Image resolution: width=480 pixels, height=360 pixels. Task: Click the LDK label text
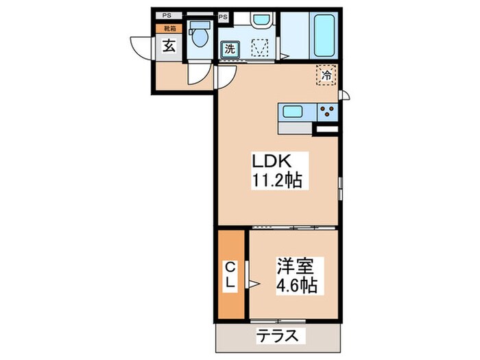point(274,163)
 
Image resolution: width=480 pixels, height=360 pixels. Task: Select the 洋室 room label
point(295,265)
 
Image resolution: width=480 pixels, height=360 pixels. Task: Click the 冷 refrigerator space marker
point(326,76)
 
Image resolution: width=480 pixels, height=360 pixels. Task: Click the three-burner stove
point(326,111)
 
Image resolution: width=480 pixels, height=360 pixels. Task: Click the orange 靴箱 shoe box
point(168,29)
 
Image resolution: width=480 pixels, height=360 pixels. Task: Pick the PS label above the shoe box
point(167,15)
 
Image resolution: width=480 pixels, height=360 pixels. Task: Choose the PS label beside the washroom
point(224,16)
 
